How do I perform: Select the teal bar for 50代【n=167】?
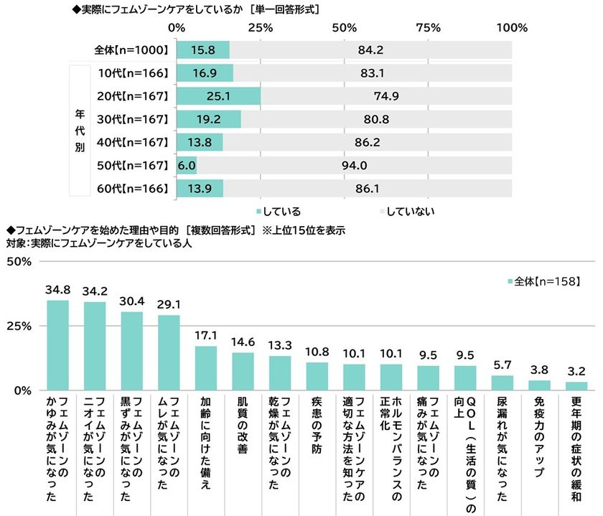(x=185, y=166)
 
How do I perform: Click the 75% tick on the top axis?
(x=428, y=27)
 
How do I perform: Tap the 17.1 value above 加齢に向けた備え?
(x=206, y=335)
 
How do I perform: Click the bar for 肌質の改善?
(x=243, y=371)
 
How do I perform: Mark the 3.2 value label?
(x=576, y=371)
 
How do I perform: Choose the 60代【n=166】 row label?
(x=134, y=189)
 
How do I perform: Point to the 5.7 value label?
(x=502, y=365)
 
